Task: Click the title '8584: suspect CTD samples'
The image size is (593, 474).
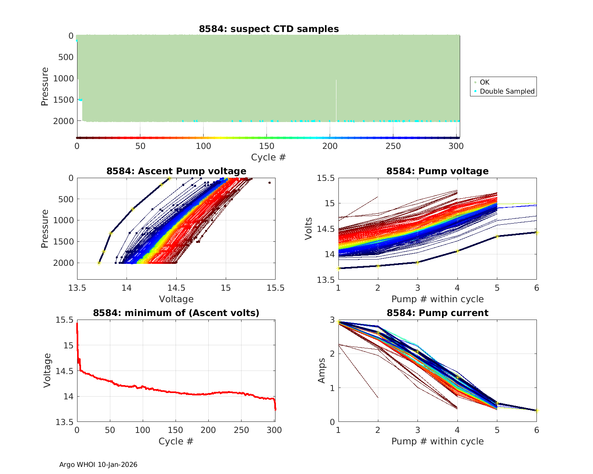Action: (x=268, y=29)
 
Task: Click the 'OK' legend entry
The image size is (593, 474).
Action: (x=484, y=82)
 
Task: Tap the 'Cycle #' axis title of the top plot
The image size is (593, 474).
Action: (x=268, y=157)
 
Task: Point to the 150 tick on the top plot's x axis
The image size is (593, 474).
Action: (x=266, y=146)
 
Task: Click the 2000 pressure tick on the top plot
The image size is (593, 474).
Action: (x=63, y=121)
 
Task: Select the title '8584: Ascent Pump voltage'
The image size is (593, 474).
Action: (x=176, y=171)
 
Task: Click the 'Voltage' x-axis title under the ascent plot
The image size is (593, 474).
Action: (x=176, y=299)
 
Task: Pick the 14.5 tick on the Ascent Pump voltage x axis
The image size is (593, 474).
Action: (x=176, y=288)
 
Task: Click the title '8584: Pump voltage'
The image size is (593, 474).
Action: (x=437, y=171)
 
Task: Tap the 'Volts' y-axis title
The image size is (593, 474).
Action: (x=309, y=229)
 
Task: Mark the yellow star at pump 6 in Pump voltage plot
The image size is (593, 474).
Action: (x=536, y=233)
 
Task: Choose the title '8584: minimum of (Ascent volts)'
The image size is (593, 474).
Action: (x=176, y=313)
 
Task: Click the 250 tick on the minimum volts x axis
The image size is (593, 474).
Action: (x=242, y=430)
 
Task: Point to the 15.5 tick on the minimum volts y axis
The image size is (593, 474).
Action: (x=66, y=320)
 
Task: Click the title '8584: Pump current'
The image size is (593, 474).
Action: (x=437, y=313)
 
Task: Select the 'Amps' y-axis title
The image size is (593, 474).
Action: (x=322, y=371)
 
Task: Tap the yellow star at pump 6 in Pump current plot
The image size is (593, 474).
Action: (x=536, y=410)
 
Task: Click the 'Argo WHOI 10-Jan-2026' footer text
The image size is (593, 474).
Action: (x=98, y=465)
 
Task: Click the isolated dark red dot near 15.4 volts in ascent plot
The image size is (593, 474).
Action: (x=270, y=182)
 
